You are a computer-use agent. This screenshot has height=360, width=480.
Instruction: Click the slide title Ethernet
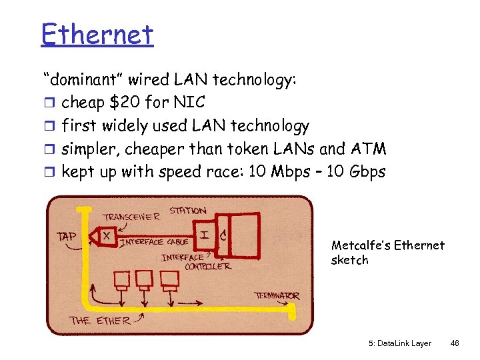pyautogui.click(x=97, y=33)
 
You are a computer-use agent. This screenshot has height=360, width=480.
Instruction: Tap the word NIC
pyautogui.click(x=191, y=103)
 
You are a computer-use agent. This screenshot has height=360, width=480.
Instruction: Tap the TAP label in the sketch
pyautogui.click(x=67, y=236)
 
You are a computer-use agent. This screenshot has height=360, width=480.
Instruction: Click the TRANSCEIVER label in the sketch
pyautogui.click(x=131, y=217)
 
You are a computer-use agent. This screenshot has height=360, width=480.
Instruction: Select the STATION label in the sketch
pyautogui.click(x=187, y=211)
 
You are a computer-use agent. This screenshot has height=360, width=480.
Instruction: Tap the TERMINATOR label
pyautogui.click(x=277, y=295)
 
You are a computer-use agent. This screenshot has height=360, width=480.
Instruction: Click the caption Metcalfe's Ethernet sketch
pyautogui.click(x=387, y=253)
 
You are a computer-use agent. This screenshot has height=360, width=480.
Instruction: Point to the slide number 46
pyautogui.click(x=455, y=343)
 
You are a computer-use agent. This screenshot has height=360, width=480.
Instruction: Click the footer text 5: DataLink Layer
pyautogui.click(x=399, y=343)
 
